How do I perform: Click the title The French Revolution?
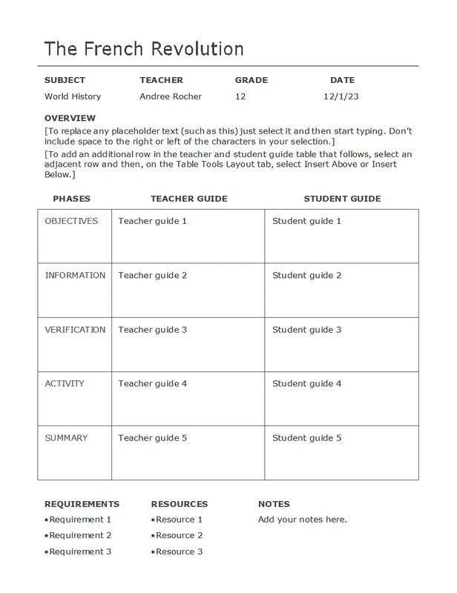[x=144, y=49]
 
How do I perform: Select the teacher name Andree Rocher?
[x=171, y=96]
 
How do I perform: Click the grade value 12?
[x=240, y=96]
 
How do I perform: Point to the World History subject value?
[x=73, y=96]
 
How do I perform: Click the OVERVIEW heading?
[x=70, y=118]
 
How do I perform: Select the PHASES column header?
[x=71, y=199]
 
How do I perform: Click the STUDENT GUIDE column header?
[x=342, y=199]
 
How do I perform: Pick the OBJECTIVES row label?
[x=71, y=221]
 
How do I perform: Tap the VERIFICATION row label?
[x=75, y=329]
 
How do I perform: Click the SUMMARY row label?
[x=66, y=437]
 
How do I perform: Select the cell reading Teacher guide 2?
[x=153, y=275]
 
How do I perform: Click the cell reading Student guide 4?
[x=306, y=383]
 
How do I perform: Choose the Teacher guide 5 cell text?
[x=153, y=437]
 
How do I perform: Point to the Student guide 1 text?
[x=306, y=221]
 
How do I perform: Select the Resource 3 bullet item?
[x=179, y=551]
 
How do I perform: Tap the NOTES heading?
[x=274, y=504]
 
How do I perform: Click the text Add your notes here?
[x=303, y=519]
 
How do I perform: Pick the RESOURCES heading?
[x=180, y=504]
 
